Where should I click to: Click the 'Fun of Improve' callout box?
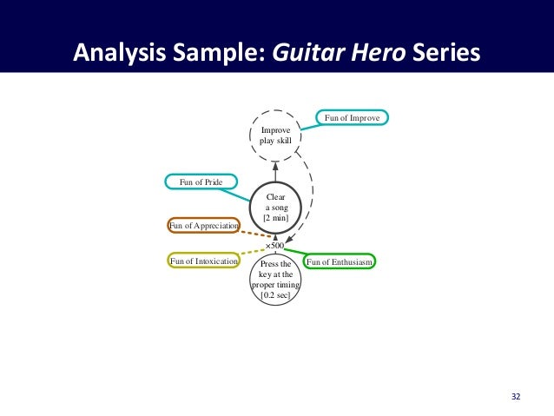coord(352,117)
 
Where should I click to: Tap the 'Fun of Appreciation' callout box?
coord(203,226)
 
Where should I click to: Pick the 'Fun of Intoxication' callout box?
coord(203,260)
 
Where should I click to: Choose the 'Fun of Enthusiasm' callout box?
coord(340,261)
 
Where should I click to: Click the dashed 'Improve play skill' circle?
coord(275,136)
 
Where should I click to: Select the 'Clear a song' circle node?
coord(275,208)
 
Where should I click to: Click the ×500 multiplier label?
coord(275,247)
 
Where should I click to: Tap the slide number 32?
coord(516,397)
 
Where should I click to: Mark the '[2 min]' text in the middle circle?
coord(275,218)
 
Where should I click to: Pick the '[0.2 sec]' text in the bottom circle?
coord(275,295)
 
